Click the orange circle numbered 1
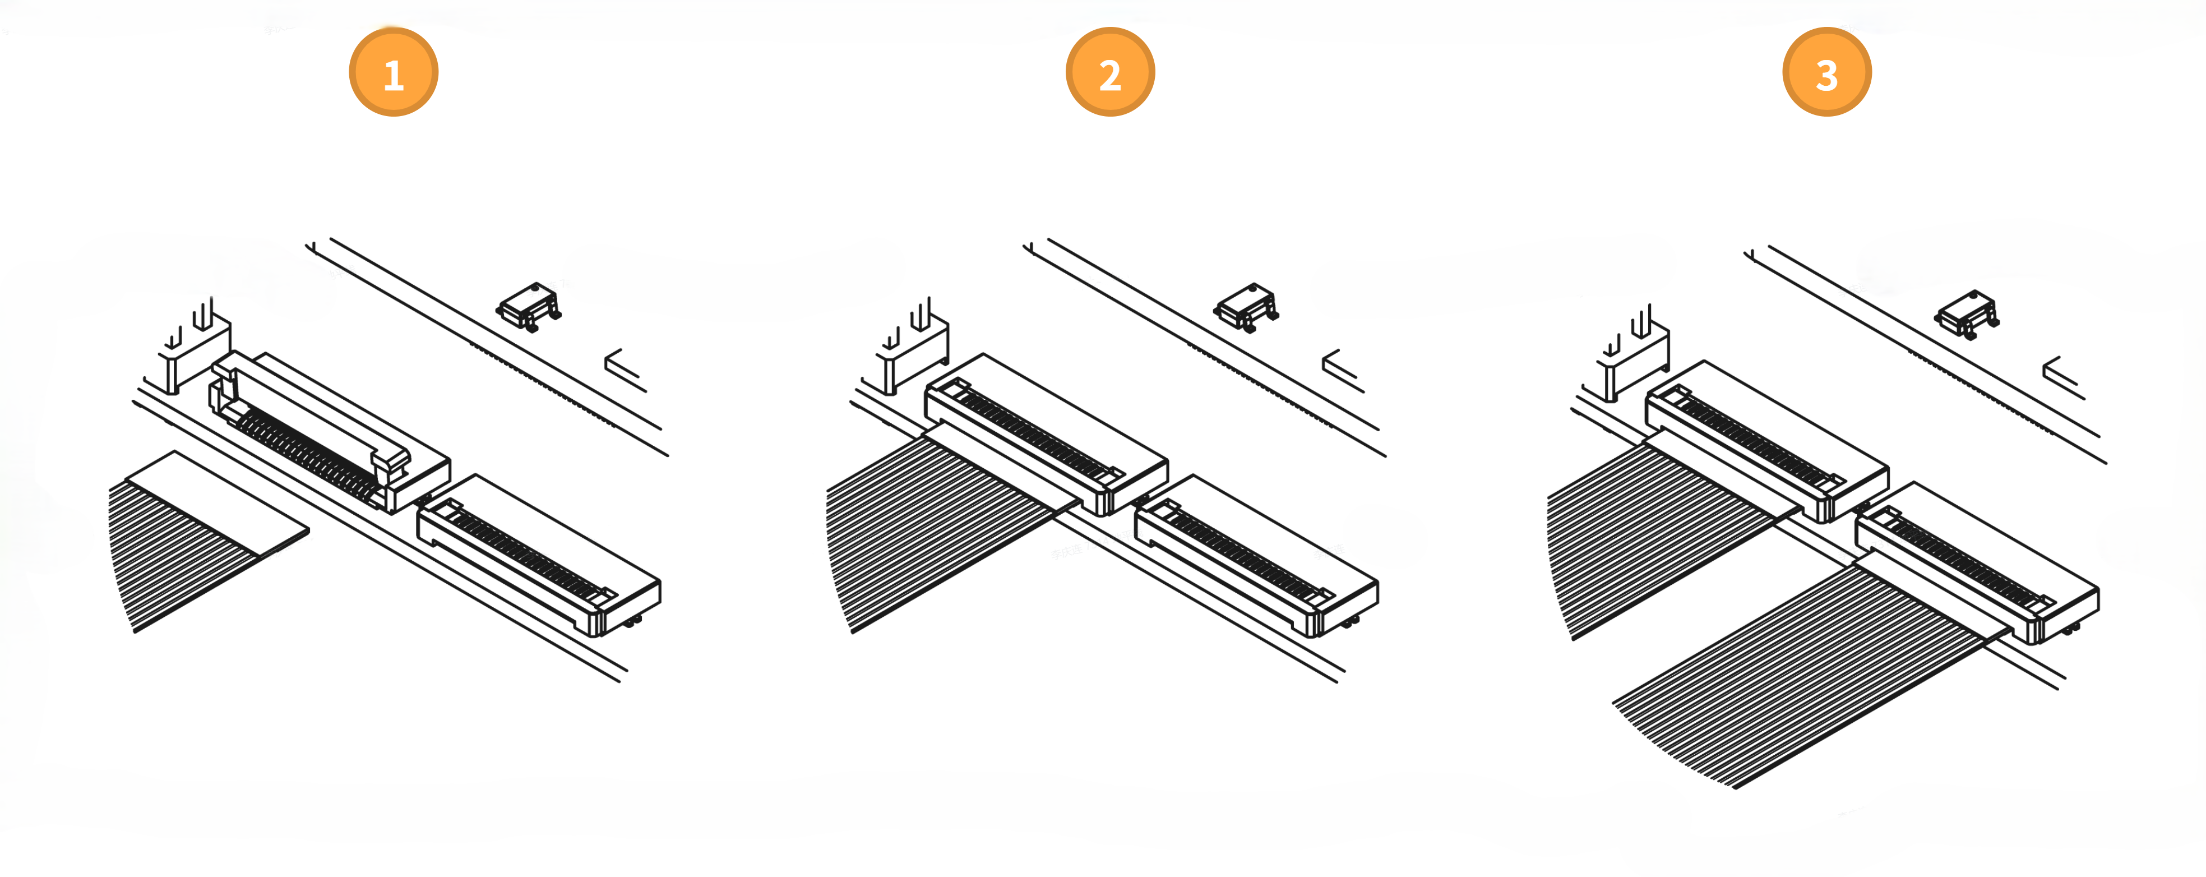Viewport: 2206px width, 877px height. [393, 72]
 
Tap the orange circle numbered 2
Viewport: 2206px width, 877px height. [1110, 72]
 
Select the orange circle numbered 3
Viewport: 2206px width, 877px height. [1826, 72]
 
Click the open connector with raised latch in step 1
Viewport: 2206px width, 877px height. [330, 432]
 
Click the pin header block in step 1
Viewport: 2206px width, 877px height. [195, 347]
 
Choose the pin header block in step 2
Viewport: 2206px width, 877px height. [912, 347]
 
